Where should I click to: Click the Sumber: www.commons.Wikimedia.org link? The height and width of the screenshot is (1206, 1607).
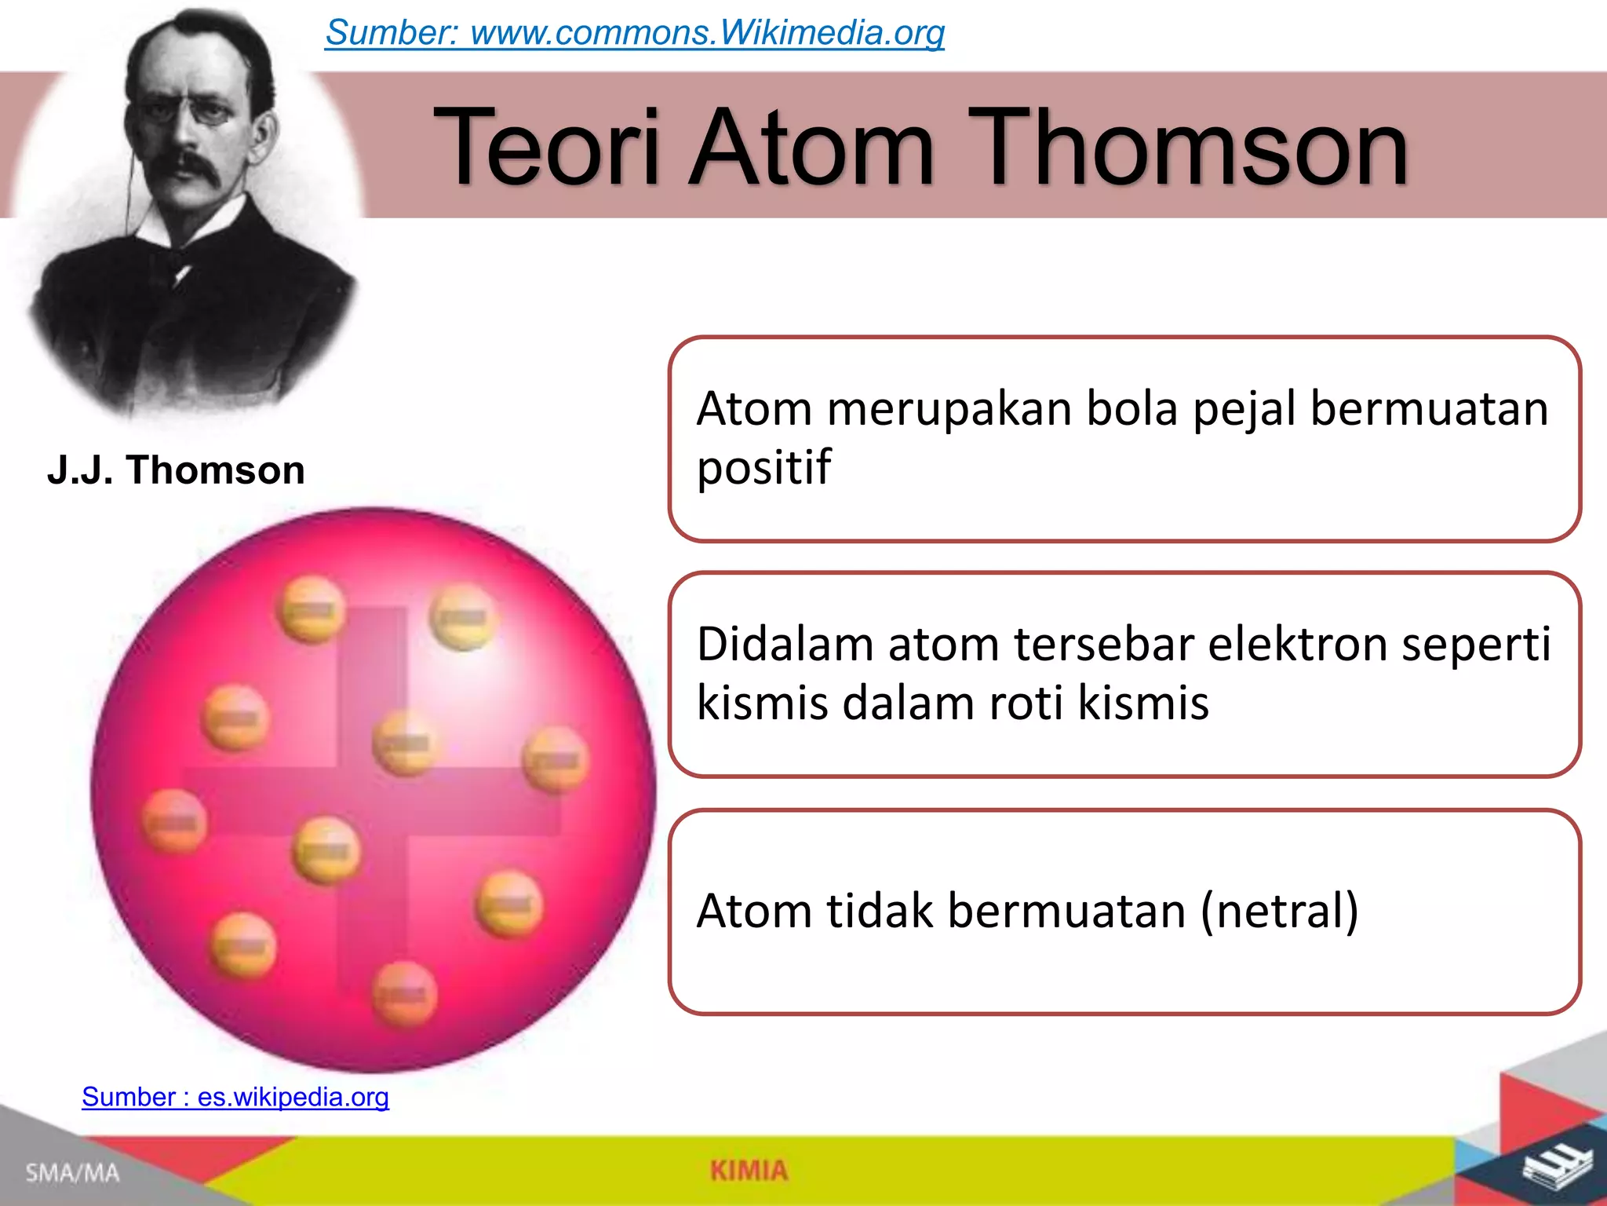(634, 33)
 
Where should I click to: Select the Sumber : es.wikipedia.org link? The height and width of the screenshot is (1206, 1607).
(235, 1097)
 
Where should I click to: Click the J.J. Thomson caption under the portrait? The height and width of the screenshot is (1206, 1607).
(176, 470)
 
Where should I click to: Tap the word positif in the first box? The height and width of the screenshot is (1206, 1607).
(763, 468)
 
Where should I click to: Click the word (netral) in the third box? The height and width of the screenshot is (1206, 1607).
(1279, 912)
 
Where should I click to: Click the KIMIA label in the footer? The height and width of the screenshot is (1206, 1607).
(749, 1171)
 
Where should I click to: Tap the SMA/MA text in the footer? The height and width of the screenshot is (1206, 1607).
(72, 1173)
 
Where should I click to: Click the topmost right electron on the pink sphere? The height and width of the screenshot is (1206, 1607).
(463, 617)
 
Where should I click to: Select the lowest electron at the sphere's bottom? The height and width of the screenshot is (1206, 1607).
(404, 995)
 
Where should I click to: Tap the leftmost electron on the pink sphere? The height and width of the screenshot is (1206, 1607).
(174, 821)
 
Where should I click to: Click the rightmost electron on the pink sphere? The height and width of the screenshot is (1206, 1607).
(556, 759)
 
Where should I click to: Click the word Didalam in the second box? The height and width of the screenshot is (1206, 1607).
(785, 645)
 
